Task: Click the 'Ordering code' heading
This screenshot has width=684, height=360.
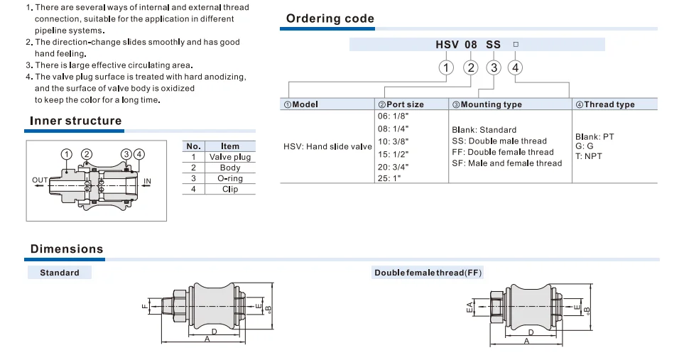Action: tap(330, 18)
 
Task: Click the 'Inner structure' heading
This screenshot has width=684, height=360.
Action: tap(75, 121)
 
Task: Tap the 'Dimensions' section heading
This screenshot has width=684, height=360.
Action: tap(67, 249)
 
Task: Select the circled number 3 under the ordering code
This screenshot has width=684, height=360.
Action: tap(494, 67)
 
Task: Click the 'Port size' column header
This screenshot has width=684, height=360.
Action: tap(401, 104)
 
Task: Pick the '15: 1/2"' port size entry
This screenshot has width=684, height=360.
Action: tap(393, 154)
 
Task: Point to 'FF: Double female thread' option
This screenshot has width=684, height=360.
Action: tap(503, 152)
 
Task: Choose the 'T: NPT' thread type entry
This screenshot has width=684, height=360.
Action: tap(588, 156)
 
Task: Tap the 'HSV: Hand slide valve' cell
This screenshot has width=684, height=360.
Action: tap(327, 146)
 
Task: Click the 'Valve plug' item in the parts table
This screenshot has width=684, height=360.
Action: tap(230, 157)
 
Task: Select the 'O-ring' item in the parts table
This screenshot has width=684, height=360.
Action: tap(230, 178)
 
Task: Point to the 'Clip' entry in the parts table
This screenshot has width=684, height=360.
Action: tap(230, 189)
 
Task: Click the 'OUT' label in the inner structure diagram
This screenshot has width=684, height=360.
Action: tap(40, 180)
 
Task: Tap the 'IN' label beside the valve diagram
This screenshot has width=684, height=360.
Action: tap(147, 181)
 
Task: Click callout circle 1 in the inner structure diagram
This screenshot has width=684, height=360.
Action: tap(66, 154)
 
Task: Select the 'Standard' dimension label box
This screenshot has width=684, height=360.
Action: tap(60, 273)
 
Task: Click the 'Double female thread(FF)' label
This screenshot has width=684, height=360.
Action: tap(428, 273)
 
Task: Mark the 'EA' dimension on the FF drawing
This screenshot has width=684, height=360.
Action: tap(469, 307)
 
